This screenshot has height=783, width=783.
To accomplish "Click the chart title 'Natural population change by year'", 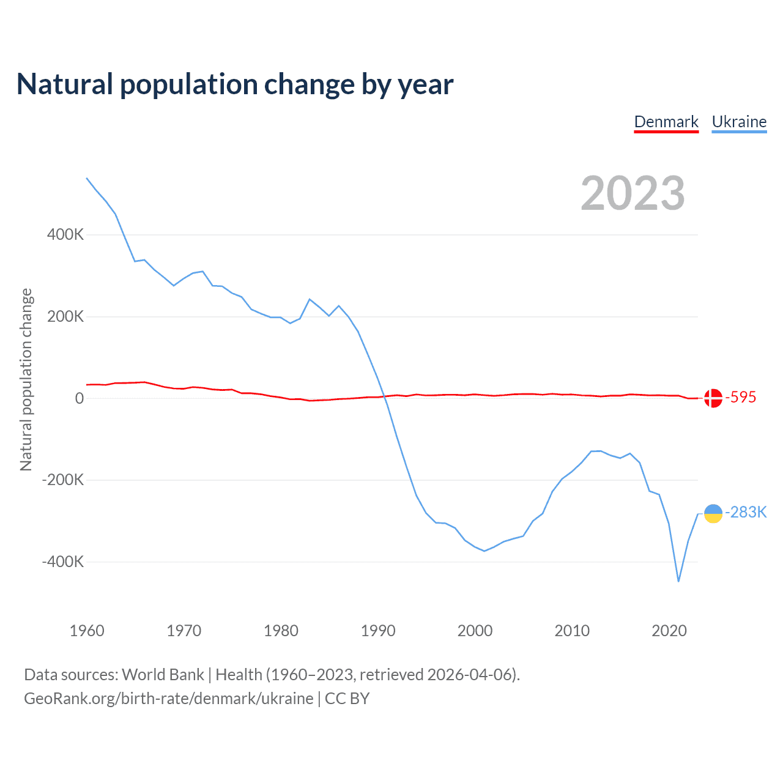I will click(235, 84).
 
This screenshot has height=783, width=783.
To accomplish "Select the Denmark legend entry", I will click(666, 122).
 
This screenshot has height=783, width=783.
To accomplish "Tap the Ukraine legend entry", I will click(739, 122).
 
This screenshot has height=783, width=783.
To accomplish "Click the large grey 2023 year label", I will click(633, 193).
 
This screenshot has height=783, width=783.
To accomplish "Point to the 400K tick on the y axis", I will click(65, 234).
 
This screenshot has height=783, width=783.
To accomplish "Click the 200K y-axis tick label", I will click(65, 316).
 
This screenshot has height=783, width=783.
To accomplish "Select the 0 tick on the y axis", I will click(80, 398).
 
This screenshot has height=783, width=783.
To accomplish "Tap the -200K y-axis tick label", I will click(63, 480).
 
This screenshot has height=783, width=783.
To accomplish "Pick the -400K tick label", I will click(63, 562).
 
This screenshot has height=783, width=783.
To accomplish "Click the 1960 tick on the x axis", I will click(87, 631).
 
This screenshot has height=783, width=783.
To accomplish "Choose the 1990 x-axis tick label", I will click(378, 631).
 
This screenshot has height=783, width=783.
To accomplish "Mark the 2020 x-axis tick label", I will click(669, 631).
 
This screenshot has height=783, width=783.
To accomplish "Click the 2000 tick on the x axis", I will click(475, 631).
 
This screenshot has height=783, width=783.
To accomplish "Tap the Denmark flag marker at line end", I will click(713, 398).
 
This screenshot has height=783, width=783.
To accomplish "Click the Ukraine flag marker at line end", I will click(713, 514).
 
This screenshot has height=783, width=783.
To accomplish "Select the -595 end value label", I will click(741, 398).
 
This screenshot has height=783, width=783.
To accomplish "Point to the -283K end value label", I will click(746, 513).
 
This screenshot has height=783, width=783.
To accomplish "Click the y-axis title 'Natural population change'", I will click(26, 379).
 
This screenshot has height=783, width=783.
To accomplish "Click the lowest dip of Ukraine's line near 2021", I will click(678, 581).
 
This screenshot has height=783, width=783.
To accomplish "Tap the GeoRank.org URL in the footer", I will click(168, 699).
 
